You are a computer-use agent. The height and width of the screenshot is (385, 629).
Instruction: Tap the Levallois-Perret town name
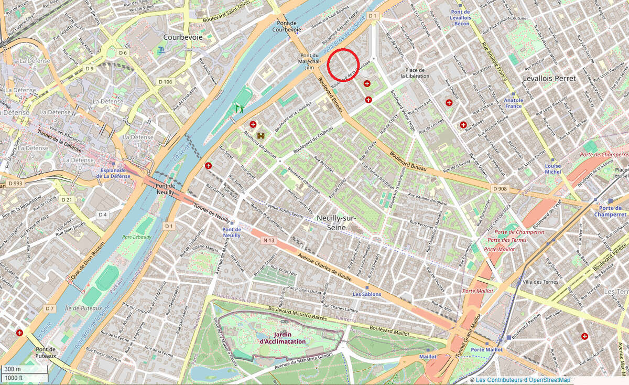(549, 78)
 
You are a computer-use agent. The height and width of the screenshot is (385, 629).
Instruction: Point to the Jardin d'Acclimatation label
(282, 338)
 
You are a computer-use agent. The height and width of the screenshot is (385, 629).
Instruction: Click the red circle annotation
(343, 65)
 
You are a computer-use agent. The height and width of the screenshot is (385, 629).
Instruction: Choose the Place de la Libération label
(415, 73)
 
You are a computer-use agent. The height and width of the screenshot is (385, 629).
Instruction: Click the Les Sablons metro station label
(367, 294)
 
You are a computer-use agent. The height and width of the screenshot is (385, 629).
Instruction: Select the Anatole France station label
(513, 103)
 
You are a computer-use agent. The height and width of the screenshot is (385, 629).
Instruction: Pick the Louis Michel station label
(552, 168)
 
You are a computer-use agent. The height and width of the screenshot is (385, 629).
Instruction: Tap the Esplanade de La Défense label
(114, 173)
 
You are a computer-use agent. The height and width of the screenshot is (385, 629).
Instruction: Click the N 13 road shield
(268, 240)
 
